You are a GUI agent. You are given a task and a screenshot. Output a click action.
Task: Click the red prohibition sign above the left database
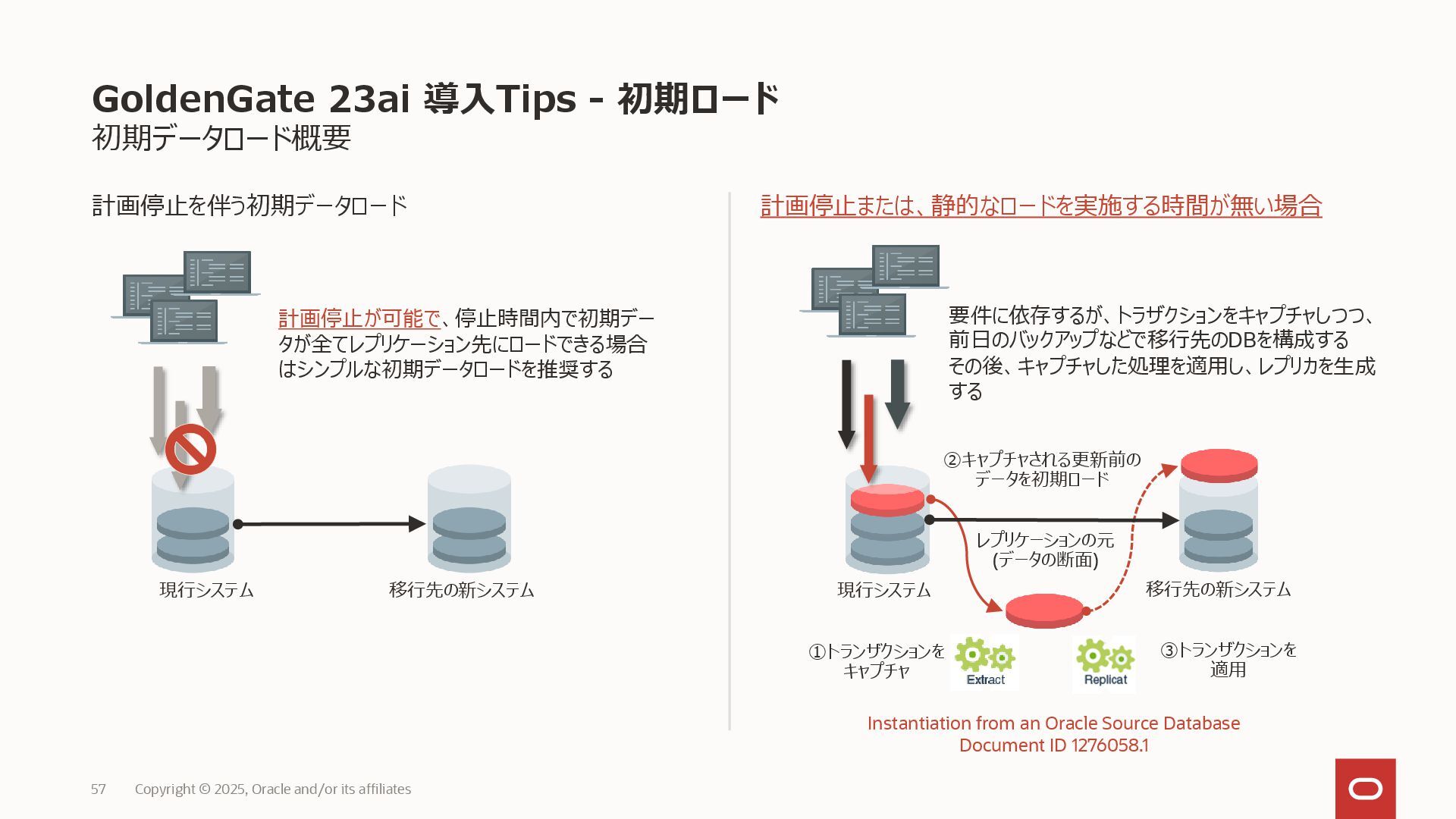(190, 449)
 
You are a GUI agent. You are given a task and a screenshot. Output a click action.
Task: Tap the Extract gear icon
(985, 662)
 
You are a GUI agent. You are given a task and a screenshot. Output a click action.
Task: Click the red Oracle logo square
(1365, 789)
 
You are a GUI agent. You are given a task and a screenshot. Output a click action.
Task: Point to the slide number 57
(99, 789)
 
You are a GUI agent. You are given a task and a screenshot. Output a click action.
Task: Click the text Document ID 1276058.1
(1053, 745)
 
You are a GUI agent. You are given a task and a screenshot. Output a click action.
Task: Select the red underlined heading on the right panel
(1041, 206)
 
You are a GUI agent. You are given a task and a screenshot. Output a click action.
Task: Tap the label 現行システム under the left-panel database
(206, 590)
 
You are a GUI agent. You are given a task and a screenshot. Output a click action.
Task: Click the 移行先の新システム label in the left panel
(462, 590)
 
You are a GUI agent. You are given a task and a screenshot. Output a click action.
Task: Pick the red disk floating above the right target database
(1219, 465)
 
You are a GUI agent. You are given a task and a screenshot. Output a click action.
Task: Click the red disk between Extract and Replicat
(1044, 610)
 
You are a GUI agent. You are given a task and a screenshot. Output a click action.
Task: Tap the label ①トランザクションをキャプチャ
(877, 661)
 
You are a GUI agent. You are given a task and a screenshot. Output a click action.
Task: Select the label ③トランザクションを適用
(1228, 660)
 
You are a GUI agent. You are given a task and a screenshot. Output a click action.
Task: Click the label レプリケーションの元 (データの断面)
(1045, 550)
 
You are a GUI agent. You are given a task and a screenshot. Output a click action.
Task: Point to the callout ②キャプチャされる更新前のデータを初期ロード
(1042, 469)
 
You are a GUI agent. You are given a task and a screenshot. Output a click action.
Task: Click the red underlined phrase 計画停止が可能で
(359, 318)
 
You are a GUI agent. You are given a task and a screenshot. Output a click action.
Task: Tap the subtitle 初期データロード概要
(221, 138)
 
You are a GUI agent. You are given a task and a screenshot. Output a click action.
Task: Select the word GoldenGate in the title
(203, 99)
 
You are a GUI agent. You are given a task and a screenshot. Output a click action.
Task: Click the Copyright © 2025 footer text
(273, 789)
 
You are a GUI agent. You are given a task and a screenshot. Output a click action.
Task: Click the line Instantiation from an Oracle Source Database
(1053, 723)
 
